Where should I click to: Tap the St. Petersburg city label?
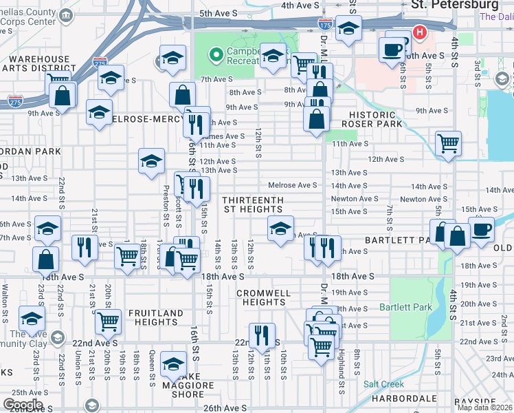point(454,5)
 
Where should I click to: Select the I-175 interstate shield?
point(326,25)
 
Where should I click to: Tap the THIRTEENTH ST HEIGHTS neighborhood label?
point(252,204)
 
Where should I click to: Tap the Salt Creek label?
point(383,384)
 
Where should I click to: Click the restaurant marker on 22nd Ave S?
point(262,336)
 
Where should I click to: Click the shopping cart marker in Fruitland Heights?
point(109,321)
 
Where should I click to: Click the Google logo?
point(23,405)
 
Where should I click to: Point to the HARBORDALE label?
point(405,399)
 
